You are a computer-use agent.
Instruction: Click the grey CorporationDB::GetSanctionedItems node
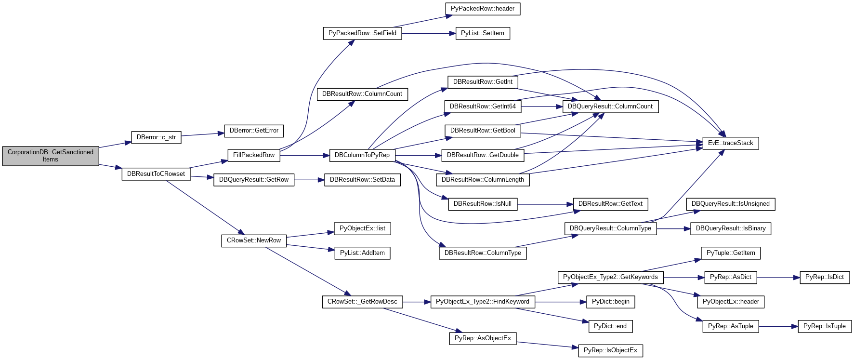[x=51, y=156]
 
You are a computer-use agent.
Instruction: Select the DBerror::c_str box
[x=156, y=137]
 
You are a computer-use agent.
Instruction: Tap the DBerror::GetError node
[x=254, y=131]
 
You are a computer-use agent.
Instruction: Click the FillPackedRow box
[x=253, y=155]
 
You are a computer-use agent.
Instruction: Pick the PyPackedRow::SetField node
[x=362, y=33]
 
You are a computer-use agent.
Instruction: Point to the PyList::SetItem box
[x=482, y=33]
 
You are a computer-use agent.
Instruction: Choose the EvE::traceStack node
[x=730, y=143]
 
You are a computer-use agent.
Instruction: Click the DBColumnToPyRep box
[x=362, y=155]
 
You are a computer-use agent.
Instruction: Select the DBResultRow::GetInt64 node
[x=483, y=107]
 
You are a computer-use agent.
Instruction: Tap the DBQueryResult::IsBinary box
[x=730, y=228]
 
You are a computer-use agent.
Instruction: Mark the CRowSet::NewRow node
[x=254, y=240]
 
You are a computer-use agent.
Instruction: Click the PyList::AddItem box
[x=362, y=253]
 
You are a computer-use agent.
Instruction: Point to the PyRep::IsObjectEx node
[x=610, y=350]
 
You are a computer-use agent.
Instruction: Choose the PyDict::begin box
[x=610, y=302]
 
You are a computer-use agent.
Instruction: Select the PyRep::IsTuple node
[x=824, y=326]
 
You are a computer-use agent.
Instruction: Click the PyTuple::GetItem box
[x=730, y=253]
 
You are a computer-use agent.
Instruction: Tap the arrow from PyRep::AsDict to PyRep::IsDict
[x=778, y=278]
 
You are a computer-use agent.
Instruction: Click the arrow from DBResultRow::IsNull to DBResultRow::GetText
[x=545, y=204]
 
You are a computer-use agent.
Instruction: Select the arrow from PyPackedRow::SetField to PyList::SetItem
[x=429, y=33]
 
